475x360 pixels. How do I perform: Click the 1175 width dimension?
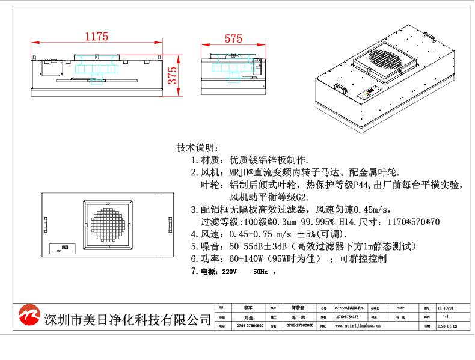click(96, 37)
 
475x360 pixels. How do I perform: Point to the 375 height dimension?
click(173, 76)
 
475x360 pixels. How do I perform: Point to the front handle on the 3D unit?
click(340, 88)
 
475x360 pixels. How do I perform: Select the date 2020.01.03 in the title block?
click(446, 325)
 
